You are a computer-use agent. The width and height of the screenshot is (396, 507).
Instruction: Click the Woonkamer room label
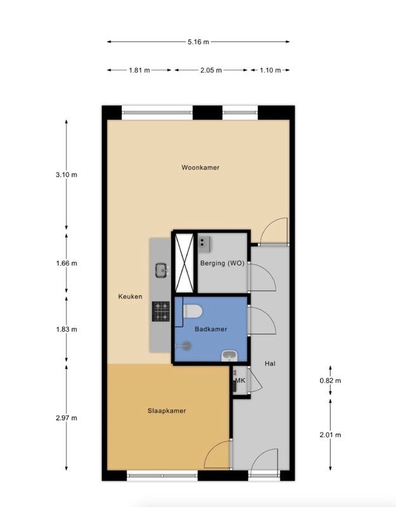200,167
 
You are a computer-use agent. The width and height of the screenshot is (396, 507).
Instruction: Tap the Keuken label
130,297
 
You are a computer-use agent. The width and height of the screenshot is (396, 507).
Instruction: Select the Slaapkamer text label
167,411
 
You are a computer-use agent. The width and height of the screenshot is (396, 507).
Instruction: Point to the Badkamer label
211,329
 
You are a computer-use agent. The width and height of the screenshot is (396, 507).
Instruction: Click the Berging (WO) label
222,263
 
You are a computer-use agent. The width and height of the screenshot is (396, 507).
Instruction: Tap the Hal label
270,364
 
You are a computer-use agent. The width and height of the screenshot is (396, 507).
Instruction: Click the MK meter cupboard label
240,381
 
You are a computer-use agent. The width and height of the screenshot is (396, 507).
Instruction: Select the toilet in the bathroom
193,311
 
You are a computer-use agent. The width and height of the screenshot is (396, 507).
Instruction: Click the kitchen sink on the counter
162,271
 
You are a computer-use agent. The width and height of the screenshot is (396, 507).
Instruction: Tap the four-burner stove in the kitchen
161,311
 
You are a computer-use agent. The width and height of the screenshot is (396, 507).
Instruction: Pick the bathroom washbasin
229,356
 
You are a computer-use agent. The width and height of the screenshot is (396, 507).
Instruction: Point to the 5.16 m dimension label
198,42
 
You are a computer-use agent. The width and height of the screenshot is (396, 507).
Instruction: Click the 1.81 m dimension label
139,70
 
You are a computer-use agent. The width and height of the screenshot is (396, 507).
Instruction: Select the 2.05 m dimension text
211,70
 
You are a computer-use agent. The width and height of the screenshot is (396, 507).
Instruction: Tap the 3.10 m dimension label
67,175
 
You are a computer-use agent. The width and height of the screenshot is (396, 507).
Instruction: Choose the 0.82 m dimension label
330,381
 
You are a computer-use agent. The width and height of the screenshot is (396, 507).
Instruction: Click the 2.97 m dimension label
67,418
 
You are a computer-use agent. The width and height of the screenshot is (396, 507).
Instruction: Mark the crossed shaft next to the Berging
184,262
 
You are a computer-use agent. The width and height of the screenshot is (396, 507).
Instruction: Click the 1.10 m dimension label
271,70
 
